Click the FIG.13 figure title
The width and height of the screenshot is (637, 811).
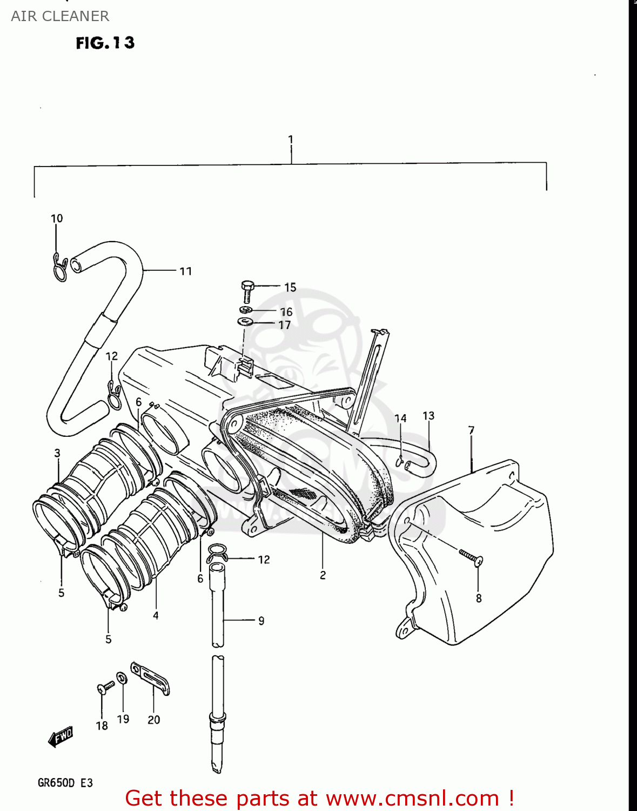tap(105, 43)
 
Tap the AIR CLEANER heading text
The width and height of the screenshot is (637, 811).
tap(60, 16)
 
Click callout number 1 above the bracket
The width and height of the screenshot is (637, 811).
tap(291, 139)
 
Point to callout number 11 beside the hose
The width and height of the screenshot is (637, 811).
tap(186, 271)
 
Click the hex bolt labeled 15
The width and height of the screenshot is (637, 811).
tap(247, 291)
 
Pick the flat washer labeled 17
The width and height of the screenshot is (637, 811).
tap(245, 322)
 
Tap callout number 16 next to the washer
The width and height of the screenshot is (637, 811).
tap(286, 312)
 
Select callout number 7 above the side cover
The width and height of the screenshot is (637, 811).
tap(471, 430)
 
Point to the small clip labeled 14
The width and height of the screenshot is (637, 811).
tap(400, 461)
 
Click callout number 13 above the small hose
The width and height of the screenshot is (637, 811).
tap(428, 416)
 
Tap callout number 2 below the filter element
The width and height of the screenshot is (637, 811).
tap(323, 575)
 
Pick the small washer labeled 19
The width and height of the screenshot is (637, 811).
tap(122, 677)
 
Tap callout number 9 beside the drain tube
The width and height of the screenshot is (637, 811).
tap(261, 621)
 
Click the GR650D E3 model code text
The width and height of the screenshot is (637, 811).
tap(65, 783)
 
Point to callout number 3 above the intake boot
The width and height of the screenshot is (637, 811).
tap(57, 453)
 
